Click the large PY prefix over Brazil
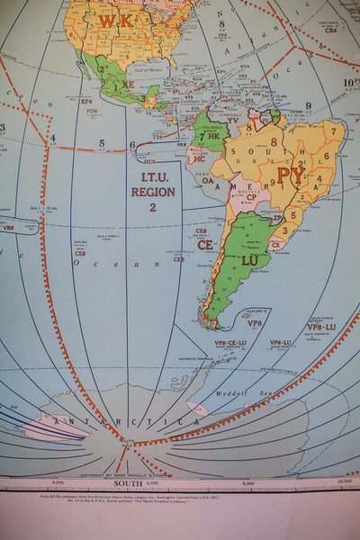291,175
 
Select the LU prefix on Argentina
250,259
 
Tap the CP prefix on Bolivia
251,197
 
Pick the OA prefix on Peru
207,179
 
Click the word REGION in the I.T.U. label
153,192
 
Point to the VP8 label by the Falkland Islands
255,323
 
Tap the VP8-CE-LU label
229,343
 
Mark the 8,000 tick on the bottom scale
248,484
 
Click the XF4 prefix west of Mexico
86,100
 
